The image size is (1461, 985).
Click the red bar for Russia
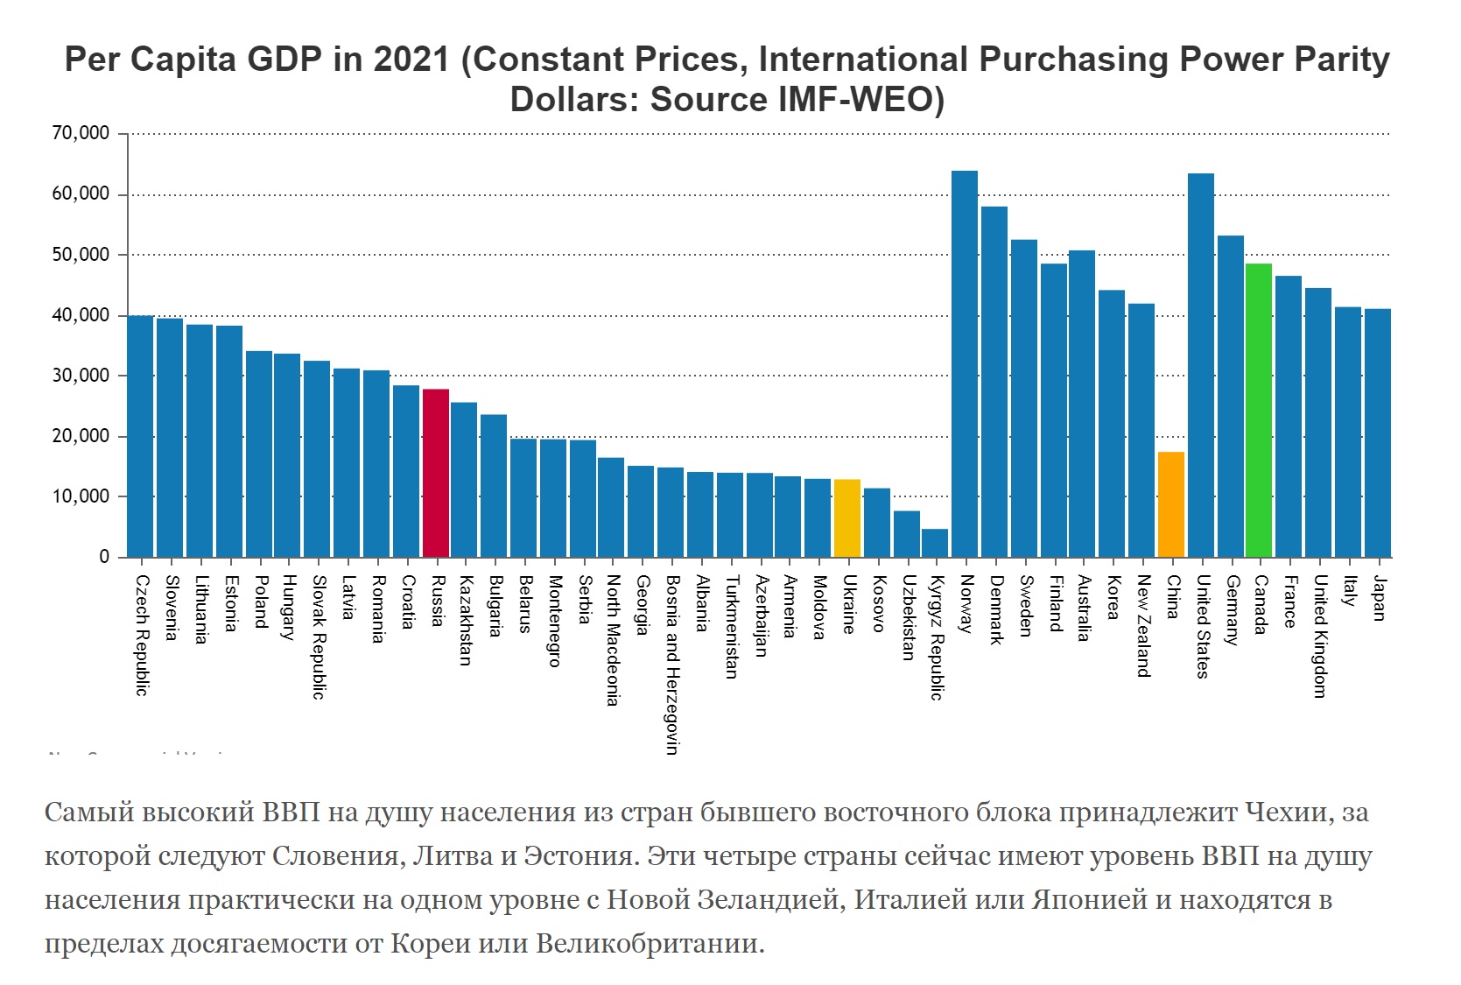click(x=436, y=473)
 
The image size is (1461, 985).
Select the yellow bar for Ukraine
click(x=847, y=517)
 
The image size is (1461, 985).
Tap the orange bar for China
click(x=1171, y=504)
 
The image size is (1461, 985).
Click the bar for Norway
click(x=965, y=363)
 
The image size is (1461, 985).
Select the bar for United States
click(x=1201, y=365)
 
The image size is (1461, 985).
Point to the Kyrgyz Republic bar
click(x=935, y=543)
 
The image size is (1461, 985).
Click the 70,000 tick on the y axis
click(x=81, y=134)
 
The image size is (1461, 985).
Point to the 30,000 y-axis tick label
click(x=81, y=376)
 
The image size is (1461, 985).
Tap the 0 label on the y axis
click(x=104, y=557)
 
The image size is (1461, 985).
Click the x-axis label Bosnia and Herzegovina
click(x=672, y=664)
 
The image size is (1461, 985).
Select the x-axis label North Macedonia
click(x=614, y=640)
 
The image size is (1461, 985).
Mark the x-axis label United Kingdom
click(x=1319, y=637)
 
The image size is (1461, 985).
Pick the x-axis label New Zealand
click(x=1143, y=626)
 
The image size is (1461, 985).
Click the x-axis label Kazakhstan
click(x=467, y=620)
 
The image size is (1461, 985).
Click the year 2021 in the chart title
click(x=411, y=60)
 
